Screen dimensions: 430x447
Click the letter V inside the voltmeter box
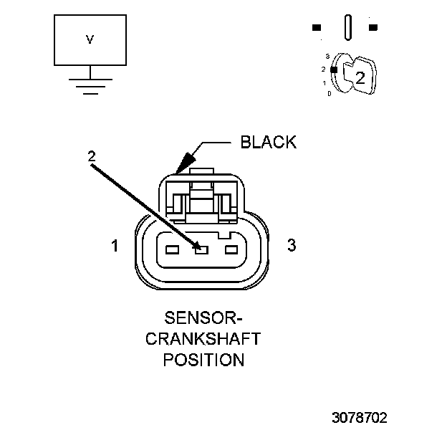point(90,40)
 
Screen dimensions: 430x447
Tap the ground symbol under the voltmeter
point(90,85)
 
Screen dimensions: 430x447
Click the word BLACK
point(268,142)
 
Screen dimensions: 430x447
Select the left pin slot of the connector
point(171,250)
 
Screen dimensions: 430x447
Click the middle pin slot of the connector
point(201,250)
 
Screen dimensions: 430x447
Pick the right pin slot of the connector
point(231,250)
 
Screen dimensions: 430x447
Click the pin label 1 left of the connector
point(115,247)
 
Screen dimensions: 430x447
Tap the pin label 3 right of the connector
point(291,245)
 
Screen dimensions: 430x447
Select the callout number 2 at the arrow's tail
point(91,155)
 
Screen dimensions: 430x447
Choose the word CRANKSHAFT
point(203,338)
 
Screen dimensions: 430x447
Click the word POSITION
point(203,359)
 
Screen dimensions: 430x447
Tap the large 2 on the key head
point(360,79)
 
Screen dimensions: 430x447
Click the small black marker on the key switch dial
point(333,69)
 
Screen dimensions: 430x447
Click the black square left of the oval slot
point(316,28)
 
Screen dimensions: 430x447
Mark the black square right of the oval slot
point(373,28)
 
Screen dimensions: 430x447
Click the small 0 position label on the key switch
point(329,94)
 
